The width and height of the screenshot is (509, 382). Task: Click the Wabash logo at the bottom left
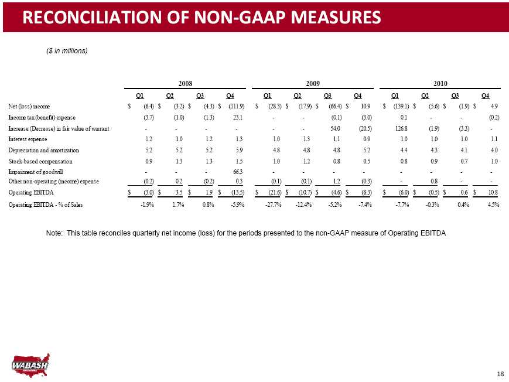coord(30,365)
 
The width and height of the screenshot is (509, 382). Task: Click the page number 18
coord(500,374)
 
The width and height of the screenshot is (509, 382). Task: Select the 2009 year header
coord(313,83)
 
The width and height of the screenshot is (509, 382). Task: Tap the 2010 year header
coord(440,83)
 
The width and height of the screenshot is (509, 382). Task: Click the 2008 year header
coord(185,83)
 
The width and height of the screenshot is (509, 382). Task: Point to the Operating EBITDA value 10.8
coord(493,192)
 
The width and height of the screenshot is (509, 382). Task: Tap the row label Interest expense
coord(28,139)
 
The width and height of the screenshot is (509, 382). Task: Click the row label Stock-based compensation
coord(40,162)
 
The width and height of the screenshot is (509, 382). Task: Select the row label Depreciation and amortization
coord(43,151)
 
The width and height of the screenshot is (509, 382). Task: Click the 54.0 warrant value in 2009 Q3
coord(335,128)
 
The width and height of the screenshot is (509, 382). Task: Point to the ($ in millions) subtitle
coord(67,51)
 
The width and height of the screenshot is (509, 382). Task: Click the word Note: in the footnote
coord(54,233)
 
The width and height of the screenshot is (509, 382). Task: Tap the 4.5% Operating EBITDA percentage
coord(493,204)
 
